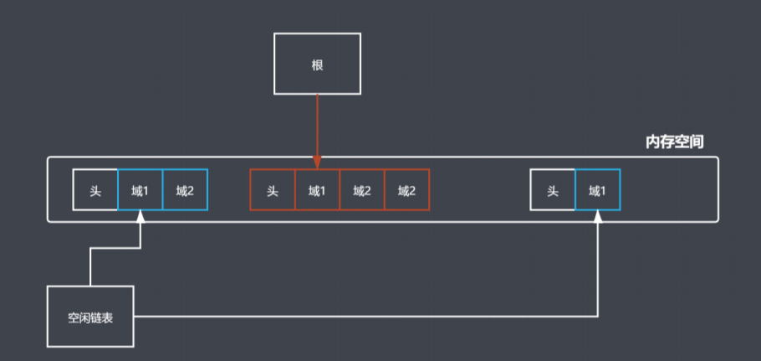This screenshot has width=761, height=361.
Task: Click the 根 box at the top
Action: tap(317, 64)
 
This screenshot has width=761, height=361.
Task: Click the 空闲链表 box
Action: tap(90, 317)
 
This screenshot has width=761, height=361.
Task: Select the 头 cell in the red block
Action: tap(273, 190)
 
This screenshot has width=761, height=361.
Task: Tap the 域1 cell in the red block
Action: tap(317, 190)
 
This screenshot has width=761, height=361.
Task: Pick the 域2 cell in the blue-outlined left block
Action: tap(185, 190)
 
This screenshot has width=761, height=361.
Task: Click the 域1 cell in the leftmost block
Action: tap(140, 190)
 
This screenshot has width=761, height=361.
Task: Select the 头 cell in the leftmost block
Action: tap(95, 190)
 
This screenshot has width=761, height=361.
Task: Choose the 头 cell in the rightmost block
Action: tap(553, 190)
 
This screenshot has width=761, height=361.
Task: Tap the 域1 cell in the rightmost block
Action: tap(597, 190)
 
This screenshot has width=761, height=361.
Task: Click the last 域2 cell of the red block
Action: tap(406, 190)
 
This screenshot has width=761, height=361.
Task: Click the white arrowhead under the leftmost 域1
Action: tap(140, 217)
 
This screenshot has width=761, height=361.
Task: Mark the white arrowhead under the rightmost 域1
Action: tap(598, 217)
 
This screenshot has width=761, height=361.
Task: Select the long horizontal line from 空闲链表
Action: tap(368, 317)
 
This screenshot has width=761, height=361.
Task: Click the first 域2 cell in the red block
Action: tap(362, 190)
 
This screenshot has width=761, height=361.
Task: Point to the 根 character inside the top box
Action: tap(317, 64)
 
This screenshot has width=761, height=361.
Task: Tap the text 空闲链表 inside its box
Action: tap(90, 317)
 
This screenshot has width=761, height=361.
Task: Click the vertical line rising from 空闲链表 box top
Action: tap(89, 268)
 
